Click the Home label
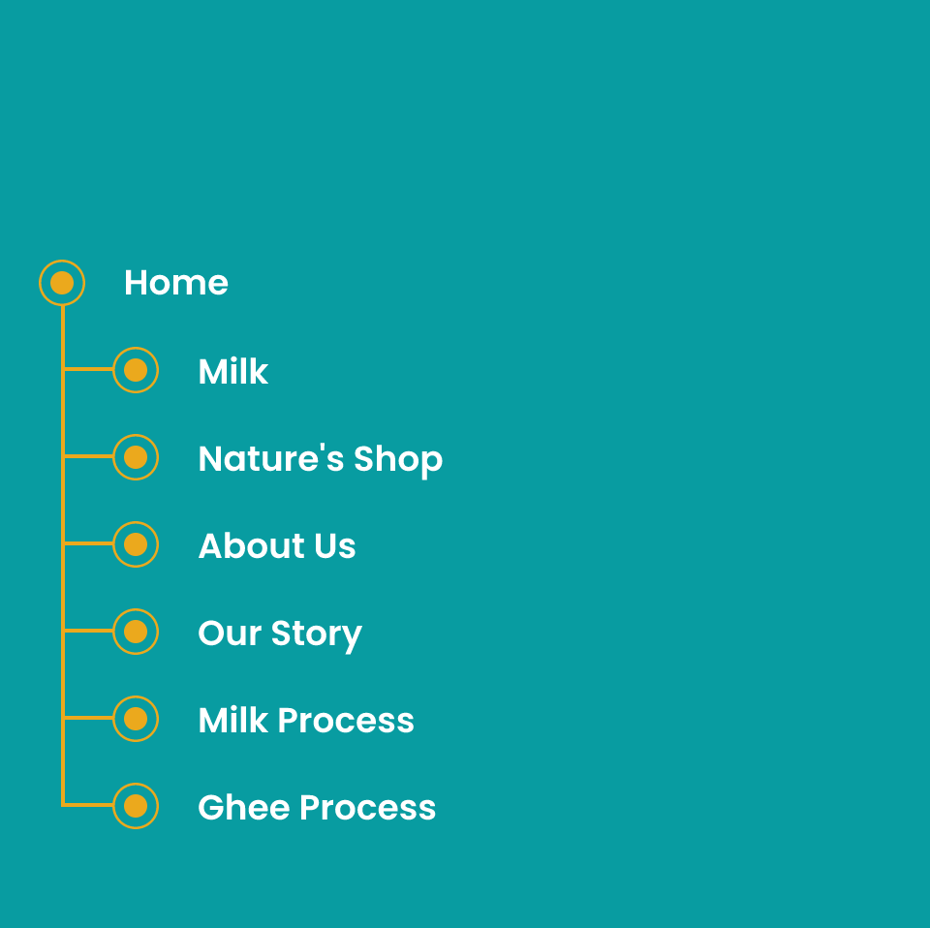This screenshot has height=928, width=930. tap(175, 283)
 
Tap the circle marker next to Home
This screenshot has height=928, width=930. tap(62, 283)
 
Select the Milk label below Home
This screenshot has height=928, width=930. tap(233, 371)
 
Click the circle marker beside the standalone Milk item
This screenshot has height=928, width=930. tap(136, 370)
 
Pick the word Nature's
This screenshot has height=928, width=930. tap(271, 458)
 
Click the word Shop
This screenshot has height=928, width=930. tap(398, 459)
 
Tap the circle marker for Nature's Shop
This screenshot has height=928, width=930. tap(136, 457)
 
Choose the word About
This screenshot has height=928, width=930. tap(252, 545)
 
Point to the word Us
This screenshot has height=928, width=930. tap(335, 545)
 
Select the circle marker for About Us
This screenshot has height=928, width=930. tap(136, 544)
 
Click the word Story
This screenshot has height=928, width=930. tap(316, 634)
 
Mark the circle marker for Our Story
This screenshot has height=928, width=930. tap(136, 632)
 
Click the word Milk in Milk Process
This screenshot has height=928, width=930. tap(233, 720)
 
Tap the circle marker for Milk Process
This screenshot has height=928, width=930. tap(136, 719)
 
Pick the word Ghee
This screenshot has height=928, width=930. tap(244, 807)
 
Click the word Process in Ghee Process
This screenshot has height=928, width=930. tap(368, 807)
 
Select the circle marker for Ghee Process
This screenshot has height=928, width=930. tap(136, 806)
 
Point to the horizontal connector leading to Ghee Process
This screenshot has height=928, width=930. tap(88, 805)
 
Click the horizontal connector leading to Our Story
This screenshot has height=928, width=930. tap(88, 631)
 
